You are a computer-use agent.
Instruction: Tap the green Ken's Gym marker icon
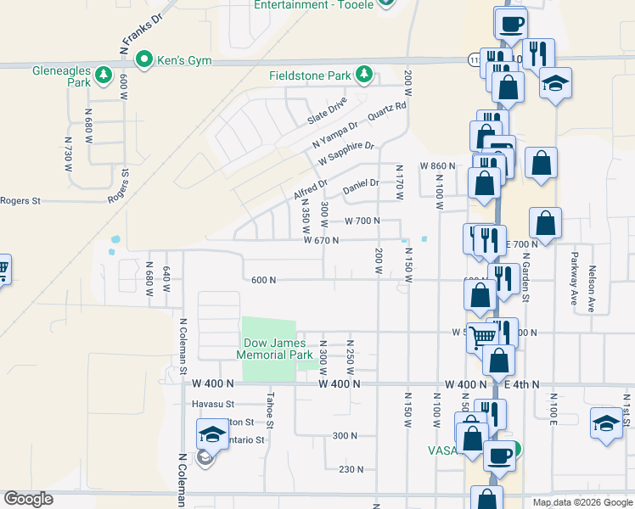(144, 59)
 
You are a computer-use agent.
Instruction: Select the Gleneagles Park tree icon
(104, 75)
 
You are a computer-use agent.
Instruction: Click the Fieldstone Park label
(310, 76)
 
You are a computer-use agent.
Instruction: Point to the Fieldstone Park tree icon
(364, 75)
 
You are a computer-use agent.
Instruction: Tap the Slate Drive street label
(327, 111)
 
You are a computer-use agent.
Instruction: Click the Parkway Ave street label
(574, 277)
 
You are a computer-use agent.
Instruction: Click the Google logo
(29, 499)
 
